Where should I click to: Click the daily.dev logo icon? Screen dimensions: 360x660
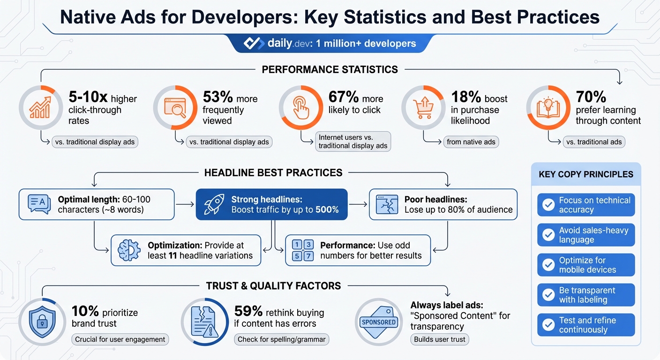tap(254, 44)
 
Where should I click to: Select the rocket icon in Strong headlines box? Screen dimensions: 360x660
tap(214, 204)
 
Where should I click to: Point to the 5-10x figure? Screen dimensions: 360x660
tap(88, 97)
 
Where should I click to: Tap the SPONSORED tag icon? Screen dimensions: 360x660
tap(379, 322)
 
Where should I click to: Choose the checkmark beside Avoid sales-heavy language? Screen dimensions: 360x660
tap(548, 235)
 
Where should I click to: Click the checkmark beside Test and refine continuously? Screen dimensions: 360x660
tap(548, 325)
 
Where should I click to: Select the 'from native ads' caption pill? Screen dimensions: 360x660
tap(471, 142)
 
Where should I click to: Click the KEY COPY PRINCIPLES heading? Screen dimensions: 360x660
tap(586, 174)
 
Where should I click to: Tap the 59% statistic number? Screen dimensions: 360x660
tap(248, 312)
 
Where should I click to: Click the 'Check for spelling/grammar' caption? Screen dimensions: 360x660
tap(281, 339)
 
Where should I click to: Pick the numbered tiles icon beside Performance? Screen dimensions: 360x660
tap(302, 250)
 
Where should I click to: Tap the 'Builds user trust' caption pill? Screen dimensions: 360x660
tap(440, 339)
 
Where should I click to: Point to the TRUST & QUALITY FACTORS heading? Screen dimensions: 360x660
tap(273, 285)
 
